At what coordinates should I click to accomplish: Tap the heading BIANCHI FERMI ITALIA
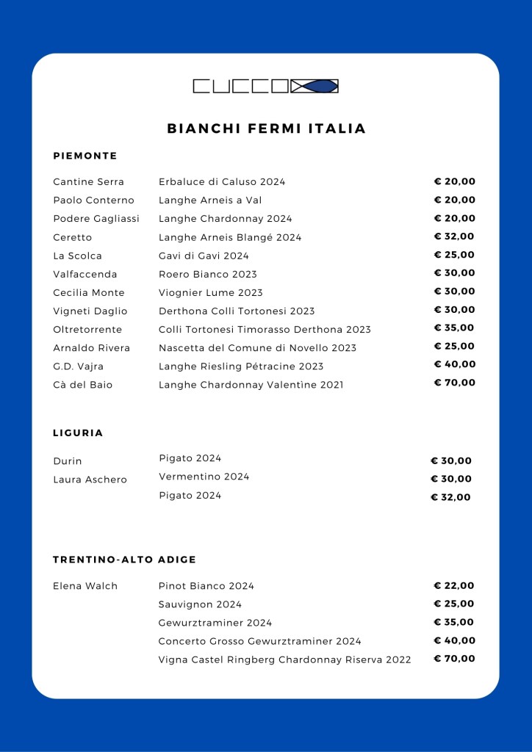[266, 129]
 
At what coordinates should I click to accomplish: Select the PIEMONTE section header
[85, 156]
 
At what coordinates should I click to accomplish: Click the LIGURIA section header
[78, 433]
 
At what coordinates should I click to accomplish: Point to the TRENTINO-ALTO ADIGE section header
[125, 560]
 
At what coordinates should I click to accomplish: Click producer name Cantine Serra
[89, 181]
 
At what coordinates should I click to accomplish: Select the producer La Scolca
[77, 256]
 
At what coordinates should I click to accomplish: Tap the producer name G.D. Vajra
[79, 366]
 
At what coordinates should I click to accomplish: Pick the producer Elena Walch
[85, 586]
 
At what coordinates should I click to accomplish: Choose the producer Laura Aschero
[90, 480]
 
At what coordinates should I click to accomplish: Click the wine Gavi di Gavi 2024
[204, 256]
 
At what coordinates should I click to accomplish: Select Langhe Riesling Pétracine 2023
[241, 366]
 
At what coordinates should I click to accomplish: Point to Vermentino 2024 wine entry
[204, 477]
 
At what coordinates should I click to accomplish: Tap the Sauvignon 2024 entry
[200, 604]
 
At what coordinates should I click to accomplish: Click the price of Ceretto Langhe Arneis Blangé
[454, 236]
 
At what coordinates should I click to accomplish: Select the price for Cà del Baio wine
[454, 383]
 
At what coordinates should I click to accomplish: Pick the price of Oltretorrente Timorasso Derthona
[454, 328]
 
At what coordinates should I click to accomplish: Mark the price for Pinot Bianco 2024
[454, 585]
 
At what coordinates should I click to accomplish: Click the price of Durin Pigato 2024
[451, 460]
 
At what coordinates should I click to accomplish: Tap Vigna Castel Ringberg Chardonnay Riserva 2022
[284, 659]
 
